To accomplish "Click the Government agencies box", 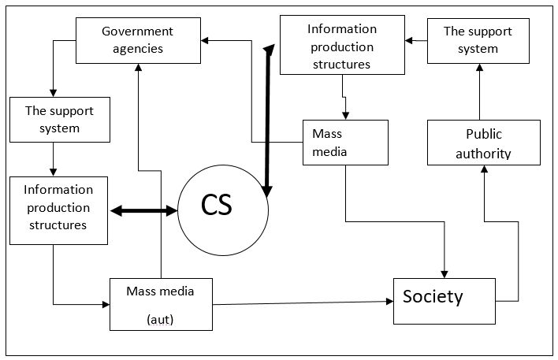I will [x=137, y=40].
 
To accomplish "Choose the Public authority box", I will [x=483, y=143].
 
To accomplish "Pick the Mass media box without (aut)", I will [x=345, y=142].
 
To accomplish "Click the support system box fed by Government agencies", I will [x=59, y=120].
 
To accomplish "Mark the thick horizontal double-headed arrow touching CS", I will [x=144, y=210].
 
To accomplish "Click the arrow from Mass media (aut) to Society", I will [x=303, y=302].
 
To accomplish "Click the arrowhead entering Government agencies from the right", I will [x=204, y=37].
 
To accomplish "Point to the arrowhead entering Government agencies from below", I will [x=139, y=68].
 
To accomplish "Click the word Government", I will [x=137, y=32].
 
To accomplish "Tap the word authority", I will [x=483, y=153].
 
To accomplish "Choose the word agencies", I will [x=137, y=49].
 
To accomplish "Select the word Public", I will [x=483, y=134].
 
